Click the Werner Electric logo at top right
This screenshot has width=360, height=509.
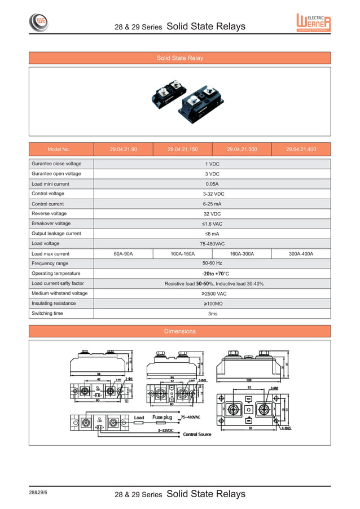click(x=313, y=23)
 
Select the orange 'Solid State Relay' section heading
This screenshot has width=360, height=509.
click(x=179, y=58)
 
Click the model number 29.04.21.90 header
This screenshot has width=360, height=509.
click(x=123, y=150)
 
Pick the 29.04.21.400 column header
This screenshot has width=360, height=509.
click(x=301, y=150)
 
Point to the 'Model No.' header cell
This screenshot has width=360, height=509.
click(x=59, y=150)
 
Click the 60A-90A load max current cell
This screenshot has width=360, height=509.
click(x=123, y=254)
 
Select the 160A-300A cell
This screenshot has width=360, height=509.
click(x=242, y=254)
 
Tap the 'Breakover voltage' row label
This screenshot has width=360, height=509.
click(x=51, y=223)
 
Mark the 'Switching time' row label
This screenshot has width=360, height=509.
click(x=47, y=313)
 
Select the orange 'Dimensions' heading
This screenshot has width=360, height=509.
click(x=179, y=331)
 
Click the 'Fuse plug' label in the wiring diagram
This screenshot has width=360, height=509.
click(x=161, y=418)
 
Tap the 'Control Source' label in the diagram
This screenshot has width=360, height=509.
click(x=197, y=435)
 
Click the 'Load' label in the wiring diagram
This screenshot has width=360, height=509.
click(x=139, y=418)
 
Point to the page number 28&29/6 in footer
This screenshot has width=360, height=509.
click(x=38, y=492)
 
